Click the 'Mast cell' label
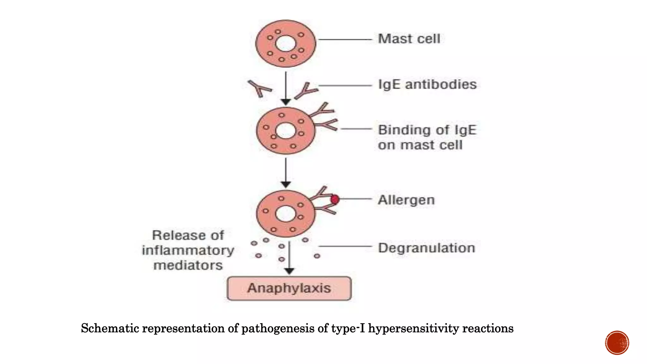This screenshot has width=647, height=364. pos(409,39)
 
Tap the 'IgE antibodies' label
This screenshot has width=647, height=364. pos(427,84)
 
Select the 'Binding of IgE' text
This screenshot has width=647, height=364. pos(427,130)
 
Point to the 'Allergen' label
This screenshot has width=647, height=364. pos(406,200)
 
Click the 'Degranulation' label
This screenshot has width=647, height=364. pos(426,248)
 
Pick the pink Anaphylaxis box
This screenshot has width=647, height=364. pos(289,288)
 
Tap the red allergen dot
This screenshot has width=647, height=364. pos(335,199)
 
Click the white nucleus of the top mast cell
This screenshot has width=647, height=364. pos(286,43)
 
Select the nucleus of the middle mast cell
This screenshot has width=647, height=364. pos(286,131)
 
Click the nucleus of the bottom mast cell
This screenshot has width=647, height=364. pos(286,214)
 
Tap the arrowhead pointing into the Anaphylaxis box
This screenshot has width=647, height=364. pos(289,271)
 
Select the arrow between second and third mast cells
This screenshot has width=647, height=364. pos(286,172)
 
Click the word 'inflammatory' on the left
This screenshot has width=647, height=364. pos(188,251)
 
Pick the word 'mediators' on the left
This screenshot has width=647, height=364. pos(188,265)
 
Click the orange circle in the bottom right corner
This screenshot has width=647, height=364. pos(617,343)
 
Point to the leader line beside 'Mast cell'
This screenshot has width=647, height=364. pos(345,39)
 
